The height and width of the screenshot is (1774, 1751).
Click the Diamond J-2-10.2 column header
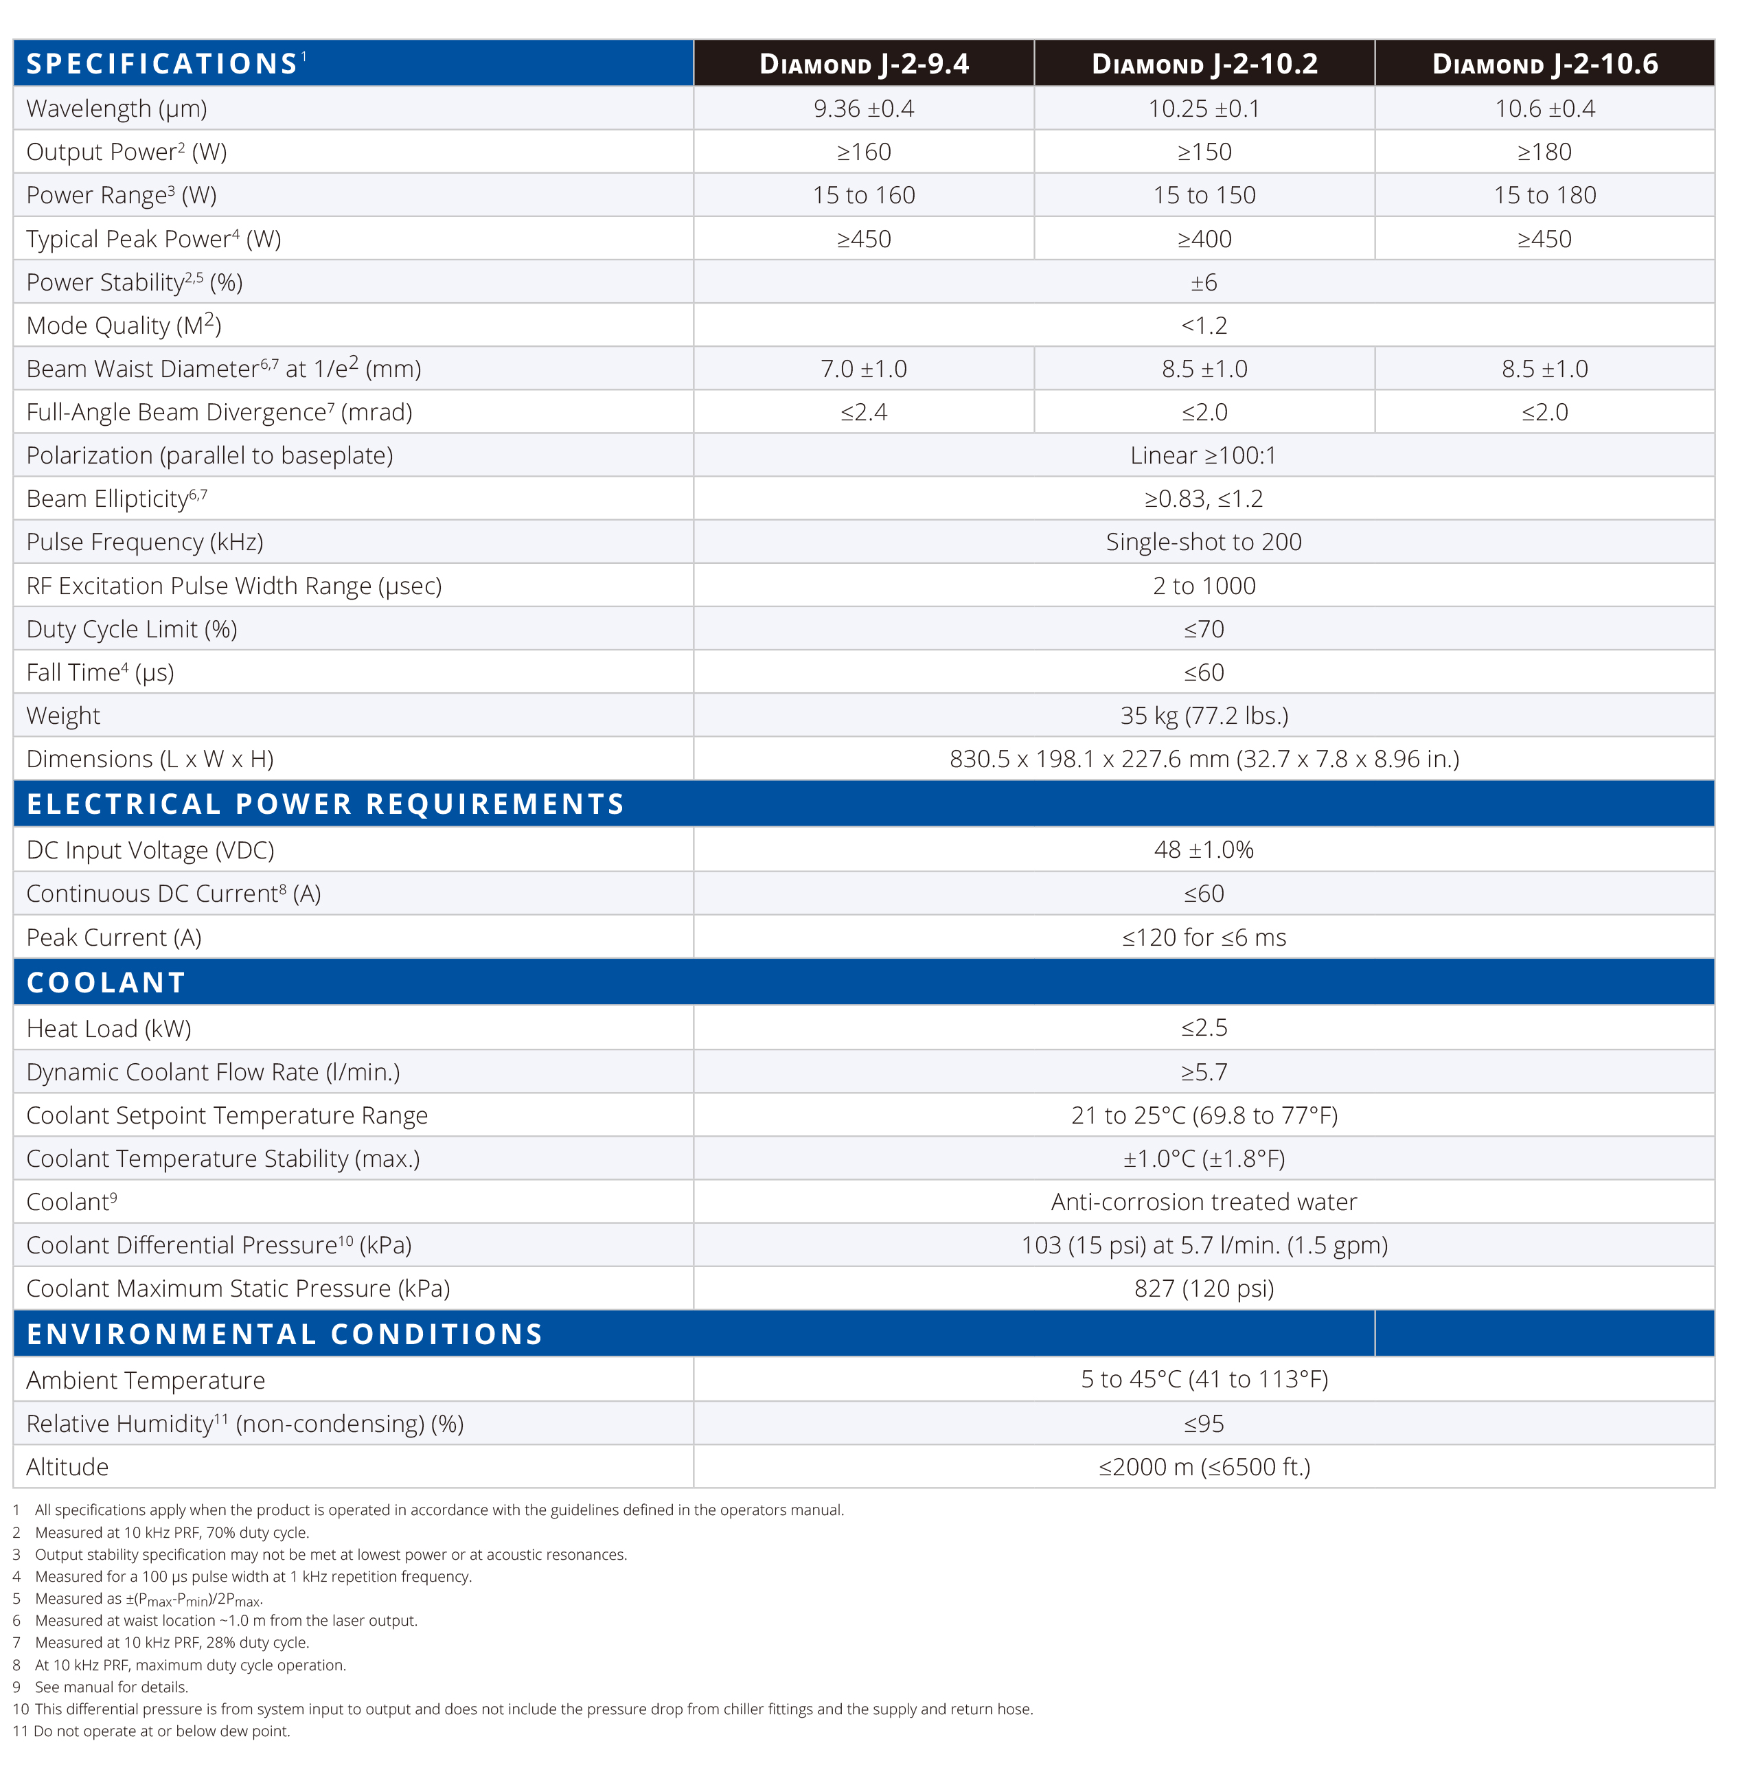pyautogui.click(x=1204, y=63)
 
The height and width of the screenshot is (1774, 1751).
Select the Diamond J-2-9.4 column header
pyautogui.click(x=863, y=63)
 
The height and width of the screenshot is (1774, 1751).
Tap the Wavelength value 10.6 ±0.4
pyautogui.click(x=1544, y=109)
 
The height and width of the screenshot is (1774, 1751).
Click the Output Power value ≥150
pyautogui.click(x=1204, y=152)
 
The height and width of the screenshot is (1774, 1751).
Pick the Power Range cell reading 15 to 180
pyautogui.click(x=1544, y=194)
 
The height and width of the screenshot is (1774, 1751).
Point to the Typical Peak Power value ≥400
pyautogui.click(x=1204, y=239)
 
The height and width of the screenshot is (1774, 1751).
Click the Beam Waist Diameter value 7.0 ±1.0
pyautogui.click(x=863, y=368)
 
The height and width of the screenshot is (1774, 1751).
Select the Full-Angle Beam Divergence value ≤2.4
pyautogui.click(x=863, y=411)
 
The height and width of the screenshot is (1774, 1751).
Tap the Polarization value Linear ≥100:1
pyautogui.click(x=1203, y=455)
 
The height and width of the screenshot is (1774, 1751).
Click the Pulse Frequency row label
pyautogui.click(x=145, y=542)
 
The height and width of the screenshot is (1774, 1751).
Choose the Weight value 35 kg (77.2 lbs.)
pyautogui.click(x=1204, y=715)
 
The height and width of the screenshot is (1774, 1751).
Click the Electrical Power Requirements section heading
pyautogui.click(x=325, y=804)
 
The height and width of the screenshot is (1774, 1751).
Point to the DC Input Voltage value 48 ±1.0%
pyautogui.click(x=1204, y=850)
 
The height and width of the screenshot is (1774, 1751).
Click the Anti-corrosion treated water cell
pyautogui.click(x=1204, y=1201)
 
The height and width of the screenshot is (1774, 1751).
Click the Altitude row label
pyautogui.click(x=67, y=1466)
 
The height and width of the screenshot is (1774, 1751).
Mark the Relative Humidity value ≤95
pyautogui.click(x=1204, y=1423)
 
